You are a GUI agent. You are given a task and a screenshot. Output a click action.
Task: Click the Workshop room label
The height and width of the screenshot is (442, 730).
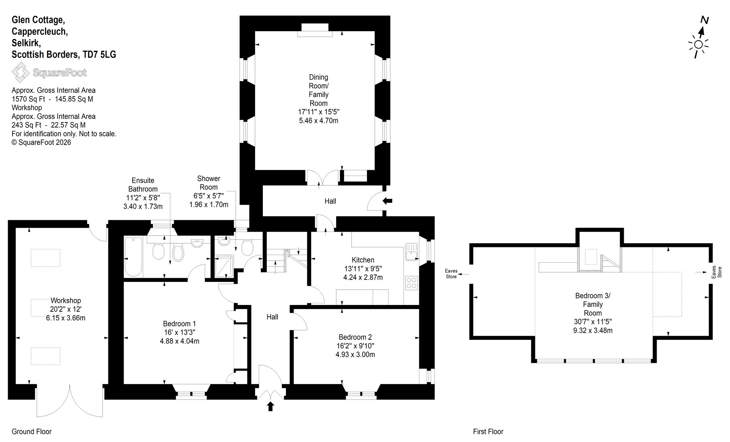(66, 300)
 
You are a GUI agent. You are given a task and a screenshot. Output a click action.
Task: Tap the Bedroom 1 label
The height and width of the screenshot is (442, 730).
(179, 324)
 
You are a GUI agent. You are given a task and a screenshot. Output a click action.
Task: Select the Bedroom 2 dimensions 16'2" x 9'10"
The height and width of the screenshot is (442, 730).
(355, 346)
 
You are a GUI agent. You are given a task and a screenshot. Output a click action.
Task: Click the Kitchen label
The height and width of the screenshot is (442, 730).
(363, 260)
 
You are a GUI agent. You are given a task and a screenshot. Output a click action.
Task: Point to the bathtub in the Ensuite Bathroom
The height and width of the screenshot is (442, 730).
(133, 257)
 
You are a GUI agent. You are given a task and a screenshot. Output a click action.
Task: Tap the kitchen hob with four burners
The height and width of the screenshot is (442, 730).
(411, 283)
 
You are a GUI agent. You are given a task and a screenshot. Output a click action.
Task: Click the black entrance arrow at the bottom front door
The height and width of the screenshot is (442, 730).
(271, 406)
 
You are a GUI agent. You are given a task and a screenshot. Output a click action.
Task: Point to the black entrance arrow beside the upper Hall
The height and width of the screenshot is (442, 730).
(387, 200)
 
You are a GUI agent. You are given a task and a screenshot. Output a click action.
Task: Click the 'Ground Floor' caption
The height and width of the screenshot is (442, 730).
(32, 431)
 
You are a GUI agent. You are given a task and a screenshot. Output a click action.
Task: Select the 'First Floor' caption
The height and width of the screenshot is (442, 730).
(488, 431)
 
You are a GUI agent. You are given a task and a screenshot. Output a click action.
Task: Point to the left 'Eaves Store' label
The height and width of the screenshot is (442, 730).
(451, 274)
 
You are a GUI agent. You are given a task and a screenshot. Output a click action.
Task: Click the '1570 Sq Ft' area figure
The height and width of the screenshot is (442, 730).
(28, 99)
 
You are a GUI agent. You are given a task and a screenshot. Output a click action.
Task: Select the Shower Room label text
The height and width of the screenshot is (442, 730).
(208, 183)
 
